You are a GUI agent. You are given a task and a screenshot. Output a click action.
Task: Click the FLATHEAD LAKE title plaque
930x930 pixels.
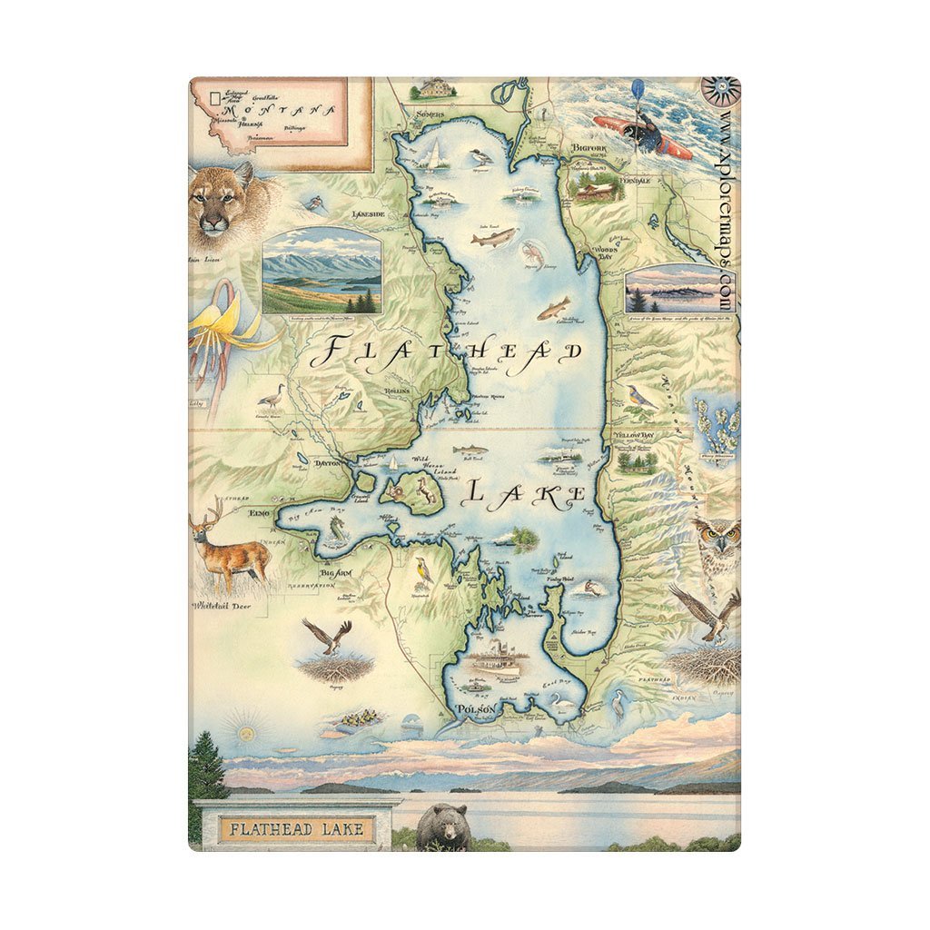pyautogui.click(x=296, y=828)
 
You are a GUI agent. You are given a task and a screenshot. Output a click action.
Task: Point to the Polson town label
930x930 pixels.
pyautogui.click(x=477, y=709)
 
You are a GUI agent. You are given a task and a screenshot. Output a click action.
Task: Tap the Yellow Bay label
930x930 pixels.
pyautogui.click(x=633, y=435)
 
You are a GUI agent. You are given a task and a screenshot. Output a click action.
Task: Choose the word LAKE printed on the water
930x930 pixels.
pyautogui.click(x=525, y=494)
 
